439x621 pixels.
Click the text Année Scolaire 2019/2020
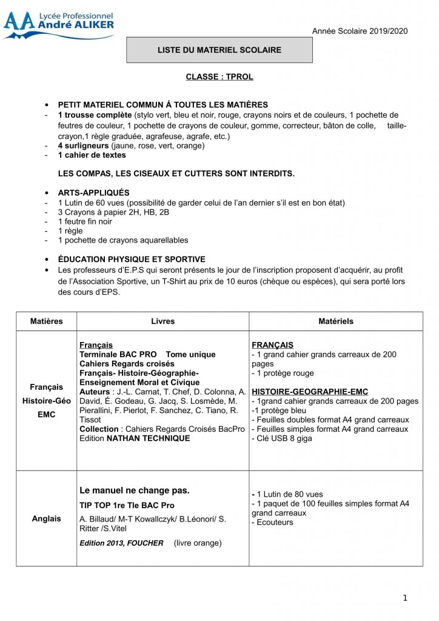(x=360, y=31)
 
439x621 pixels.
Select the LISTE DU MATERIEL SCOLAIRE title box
(x=219, y=50)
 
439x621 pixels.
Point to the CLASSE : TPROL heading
(x=219, y=77)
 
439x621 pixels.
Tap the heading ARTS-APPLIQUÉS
(x=93, y=192)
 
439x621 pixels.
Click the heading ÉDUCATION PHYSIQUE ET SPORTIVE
(x=132, y=259)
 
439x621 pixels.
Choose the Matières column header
(x=47, y=321)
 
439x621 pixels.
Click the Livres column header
(x=163, y=321)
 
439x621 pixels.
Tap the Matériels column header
(x=335, y=321)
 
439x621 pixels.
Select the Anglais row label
(x=47, y=519)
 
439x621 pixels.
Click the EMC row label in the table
(x=47, y=415)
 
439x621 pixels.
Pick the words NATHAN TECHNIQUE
(x=148, y=438)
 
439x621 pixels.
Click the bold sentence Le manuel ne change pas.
(x=135, y=490)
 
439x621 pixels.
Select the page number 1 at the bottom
(x=405, y=598)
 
